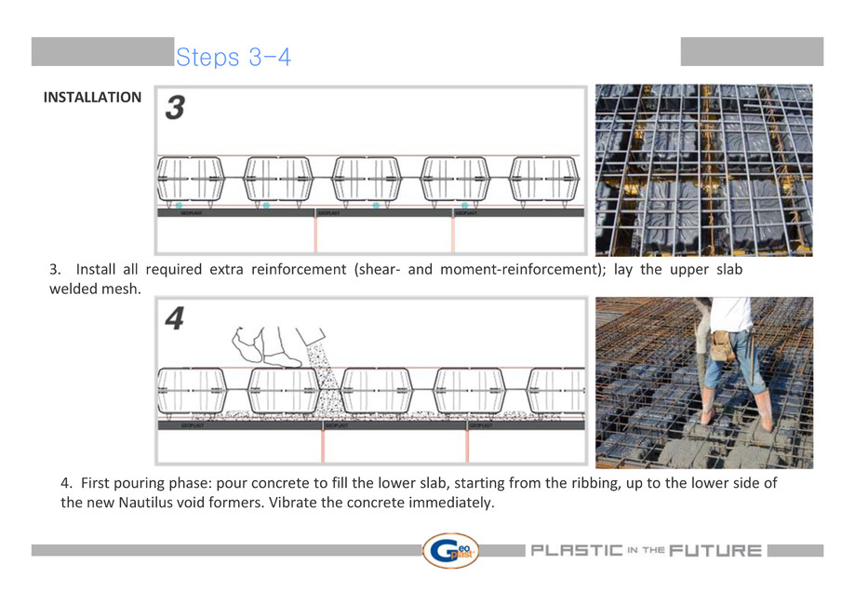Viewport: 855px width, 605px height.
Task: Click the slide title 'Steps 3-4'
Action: [234, 58]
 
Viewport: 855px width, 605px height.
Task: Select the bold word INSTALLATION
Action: [93, 97]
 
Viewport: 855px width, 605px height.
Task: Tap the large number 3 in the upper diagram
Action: [174, 109]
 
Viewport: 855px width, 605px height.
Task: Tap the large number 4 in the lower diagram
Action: [175, 319]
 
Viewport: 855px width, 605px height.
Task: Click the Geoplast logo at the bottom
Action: [450, 550]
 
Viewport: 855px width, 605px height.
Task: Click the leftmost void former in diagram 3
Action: [191, 179]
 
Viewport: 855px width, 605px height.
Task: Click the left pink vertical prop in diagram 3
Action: [315, 235]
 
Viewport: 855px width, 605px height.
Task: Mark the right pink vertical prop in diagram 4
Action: [467, 446]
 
